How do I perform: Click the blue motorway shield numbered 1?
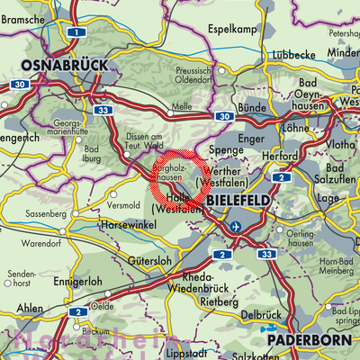77,32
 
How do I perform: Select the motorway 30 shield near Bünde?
221,116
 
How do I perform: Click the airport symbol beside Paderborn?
271,330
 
